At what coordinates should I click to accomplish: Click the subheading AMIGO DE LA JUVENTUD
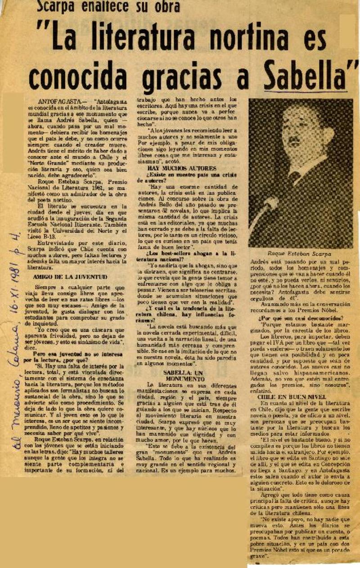click(x=70, y=277)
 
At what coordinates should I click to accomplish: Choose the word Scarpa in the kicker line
click(x=58, y=6)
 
